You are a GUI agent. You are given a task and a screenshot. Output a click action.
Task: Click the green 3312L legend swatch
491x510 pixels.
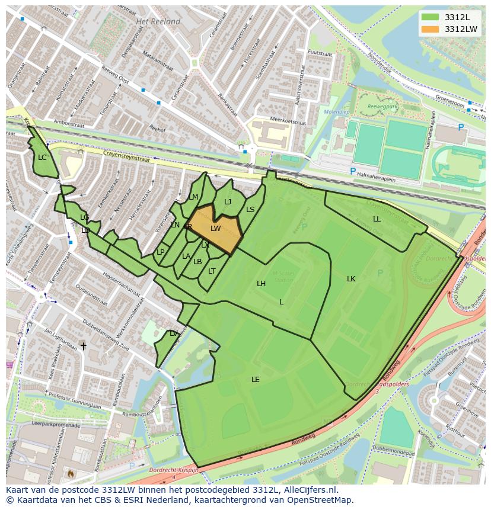431,17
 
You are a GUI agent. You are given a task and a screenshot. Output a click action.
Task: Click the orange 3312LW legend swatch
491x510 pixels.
431,28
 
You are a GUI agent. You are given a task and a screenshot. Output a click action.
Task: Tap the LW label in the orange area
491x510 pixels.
215,229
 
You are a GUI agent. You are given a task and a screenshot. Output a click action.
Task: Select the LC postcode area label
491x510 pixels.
42,158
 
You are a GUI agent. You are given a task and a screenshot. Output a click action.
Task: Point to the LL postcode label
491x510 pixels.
377,219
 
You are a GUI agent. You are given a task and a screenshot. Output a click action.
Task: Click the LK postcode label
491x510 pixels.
351,279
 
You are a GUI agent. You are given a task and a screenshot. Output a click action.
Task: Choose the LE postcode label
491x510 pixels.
256,380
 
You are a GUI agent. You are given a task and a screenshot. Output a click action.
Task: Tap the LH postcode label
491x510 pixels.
261,284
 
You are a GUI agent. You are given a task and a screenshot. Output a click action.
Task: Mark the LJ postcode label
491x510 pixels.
228,202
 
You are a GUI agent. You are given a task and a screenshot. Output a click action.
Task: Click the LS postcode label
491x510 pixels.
250,210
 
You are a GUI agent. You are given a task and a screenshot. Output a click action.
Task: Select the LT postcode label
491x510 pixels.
212,271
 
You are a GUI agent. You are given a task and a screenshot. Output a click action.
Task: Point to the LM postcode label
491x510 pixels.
194,197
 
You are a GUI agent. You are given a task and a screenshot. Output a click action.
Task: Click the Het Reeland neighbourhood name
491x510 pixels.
158,21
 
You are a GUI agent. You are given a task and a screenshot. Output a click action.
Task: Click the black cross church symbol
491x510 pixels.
83,346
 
